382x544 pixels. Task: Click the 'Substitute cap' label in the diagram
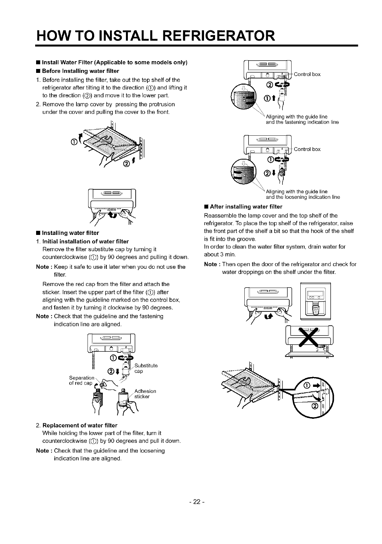tap(146, 368)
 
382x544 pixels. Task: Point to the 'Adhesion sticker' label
tap(145, 394)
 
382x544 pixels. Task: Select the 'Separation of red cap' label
tap(81, 380)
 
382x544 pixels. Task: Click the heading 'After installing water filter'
tap(246, 207)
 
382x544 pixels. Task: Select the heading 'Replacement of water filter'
tap(80, 425)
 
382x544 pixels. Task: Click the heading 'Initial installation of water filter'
tap(86, 241)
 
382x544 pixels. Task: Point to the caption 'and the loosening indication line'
tap(303, 197)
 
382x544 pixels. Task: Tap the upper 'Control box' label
tap(307, 74)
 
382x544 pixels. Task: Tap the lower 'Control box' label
tap(307, 149)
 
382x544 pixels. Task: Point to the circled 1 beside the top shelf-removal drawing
tap(73, 142)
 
